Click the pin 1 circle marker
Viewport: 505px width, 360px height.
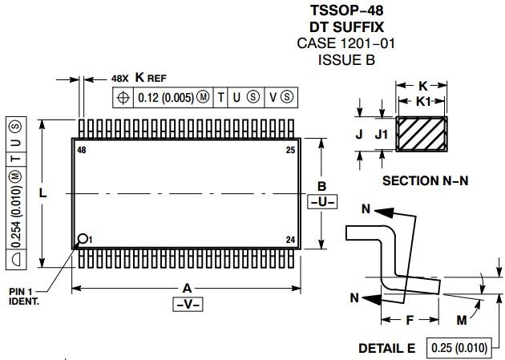pos(83,238)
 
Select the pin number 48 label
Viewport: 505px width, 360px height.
pos(82,150)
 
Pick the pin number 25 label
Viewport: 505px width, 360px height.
pos(291,150)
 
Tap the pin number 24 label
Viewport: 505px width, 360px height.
pos(291,239)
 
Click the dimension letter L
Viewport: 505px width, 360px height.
pos(42,193)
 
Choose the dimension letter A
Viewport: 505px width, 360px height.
pos(187,287)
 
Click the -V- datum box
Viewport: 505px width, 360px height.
pos(187,304)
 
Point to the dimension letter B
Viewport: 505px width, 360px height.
pos(322,185)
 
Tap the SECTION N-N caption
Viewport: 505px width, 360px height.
pos(425,181)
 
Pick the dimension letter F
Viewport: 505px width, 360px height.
pos(409,319)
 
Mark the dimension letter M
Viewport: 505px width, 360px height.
pos(462,319)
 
